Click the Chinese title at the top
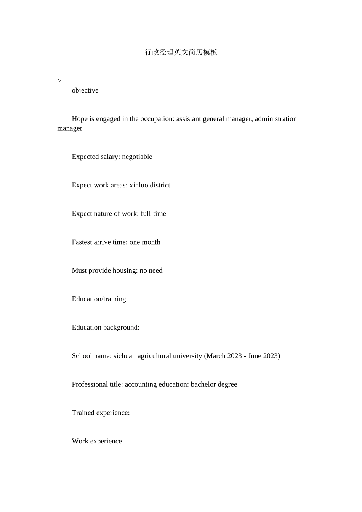pyautogui.click(x=181, y=52)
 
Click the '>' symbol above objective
pyautogui.click(x=59, y=81)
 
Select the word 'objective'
pyautogui.click(x=85, y=90)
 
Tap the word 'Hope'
pyautogui.click(x=80, y=119)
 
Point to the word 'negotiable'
pyautogui.click(x=137, y=157)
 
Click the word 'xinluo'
pyautogui.click(x=138, y=185)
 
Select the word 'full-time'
pyautogui.click(x=153, y=214)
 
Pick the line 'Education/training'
pyautogui.click(x=99, y=299)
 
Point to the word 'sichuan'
pyautogui.click(x=124, y=356)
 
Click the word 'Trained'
pyautogui.click(x=83, y=413)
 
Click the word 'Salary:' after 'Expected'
pyautogui.click(x=110, y=157)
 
